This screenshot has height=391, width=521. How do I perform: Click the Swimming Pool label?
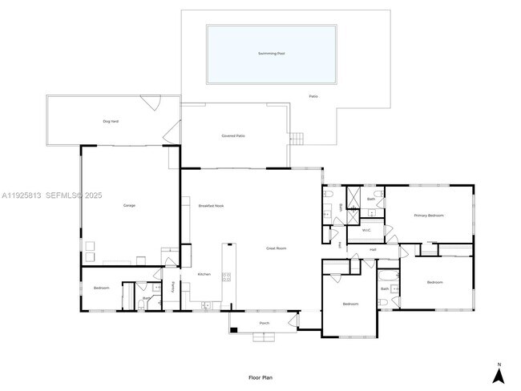271,54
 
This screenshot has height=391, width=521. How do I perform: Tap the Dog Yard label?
111,122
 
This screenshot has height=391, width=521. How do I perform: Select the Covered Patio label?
233,136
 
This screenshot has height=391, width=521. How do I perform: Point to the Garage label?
129,206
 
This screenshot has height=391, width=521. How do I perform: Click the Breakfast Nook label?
211,206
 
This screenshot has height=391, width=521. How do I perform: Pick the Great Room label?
276,248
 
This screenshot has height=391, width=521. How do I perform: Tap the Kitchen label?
204,275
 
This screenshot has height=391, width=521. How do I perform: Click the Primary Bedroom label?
429,216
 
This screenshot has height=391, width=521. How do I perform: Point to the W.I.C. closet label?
366,231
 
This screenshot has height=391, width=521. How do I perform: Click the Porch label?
264,324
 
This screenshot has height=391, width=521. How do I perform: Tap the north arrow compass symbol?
498,373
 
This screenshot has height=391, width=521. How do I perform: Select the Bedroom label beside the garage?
101,288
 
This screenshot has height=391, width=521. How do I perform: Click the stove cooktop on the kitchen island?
227,277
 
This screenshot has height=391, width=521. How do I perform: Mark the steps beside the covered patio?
297,139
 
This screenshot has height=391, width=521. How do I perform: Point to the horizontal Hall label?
373,250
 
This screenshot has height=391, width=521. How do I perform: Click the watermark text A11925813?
22,195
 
